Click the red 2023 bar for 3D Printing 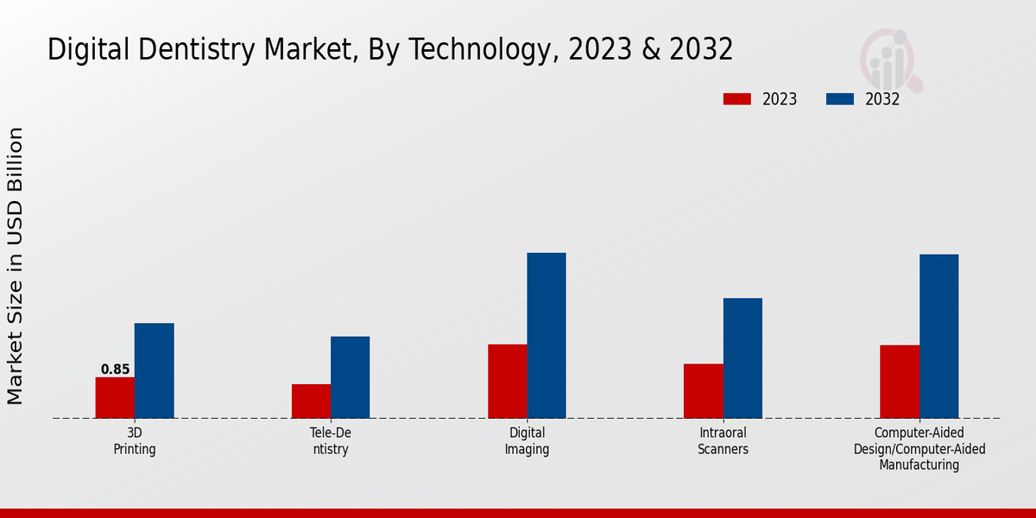(x=115, y=398)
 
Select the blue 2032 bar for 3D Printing (x=154, y=371)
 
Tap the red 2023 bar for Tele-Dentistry (x=311, y=401)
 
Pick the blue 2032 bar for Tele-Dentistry (x=350, y=377)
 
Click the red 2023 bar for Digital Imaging (x=507, y=382)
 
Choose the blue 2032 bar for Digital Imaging (x=546, y=336)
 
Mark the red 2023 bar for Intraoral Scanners (x=703, y=391)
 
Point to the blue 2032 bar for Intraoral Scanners (x=742, y=358)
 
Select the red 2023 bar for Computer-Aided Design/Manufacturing (x=899, y=382)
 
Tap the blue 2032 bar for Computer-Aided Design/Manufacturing (x=938, y=337)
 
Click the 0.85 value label (x=115, y=370)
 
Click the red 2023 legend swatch (x=736, y=99)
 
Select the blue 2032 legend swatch (x=839, y=99)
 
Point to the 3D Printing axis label (x=135, y=441)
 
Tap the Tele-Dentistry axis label (x=331, y=441)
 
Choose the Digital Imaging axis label (x=527, y=441)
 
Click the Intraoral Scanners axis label (x=723, y=441)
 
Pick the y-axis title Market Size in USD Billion (x=16, y=266)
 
